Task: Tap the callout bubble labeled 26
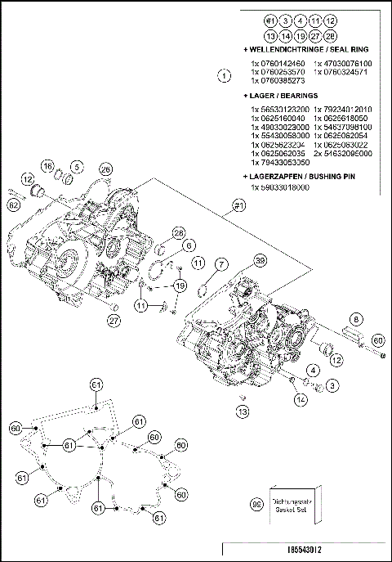tap(105, 169)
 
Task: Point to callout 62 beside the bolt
tap(14, 205)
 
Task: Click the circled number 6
tap(188, 245)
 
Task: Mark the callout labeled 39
tap(261, 260)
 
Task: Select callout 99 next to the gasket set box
tap(256, 506)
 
